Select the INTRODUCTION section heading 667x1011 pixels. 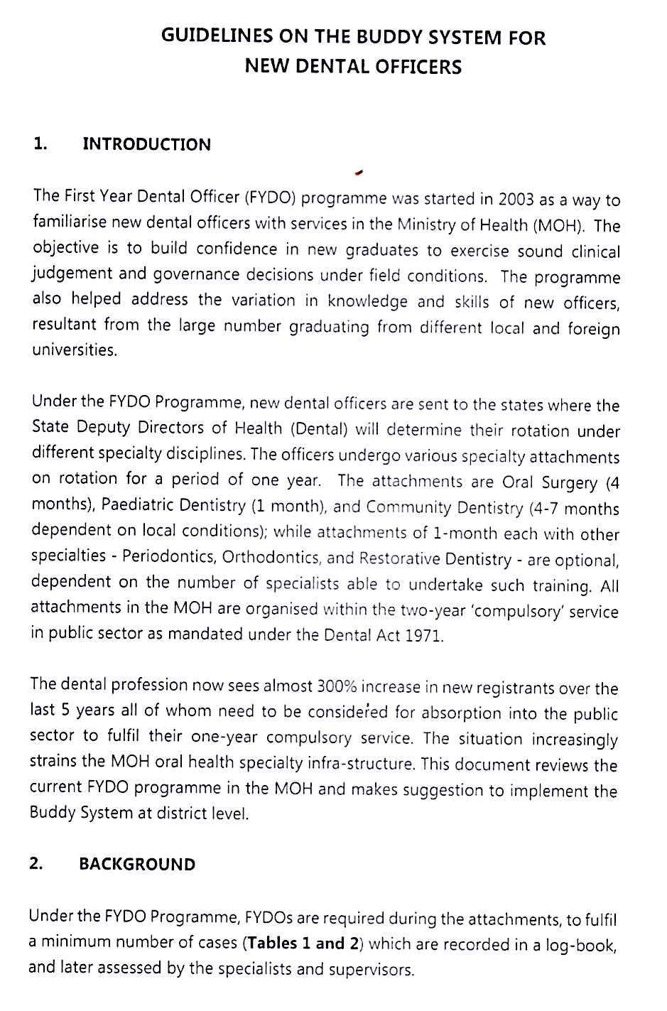(x=146, y=144)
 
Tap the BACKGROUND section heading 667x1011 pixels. (x=137, y=864)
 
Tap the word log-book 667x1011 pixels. (x=582, y=946)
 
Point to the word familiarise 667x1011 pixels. (x=69, y=222)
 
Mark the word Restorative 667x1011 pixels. (x=398, y=558)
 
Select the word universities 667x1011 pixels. (x=74, y=350)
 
